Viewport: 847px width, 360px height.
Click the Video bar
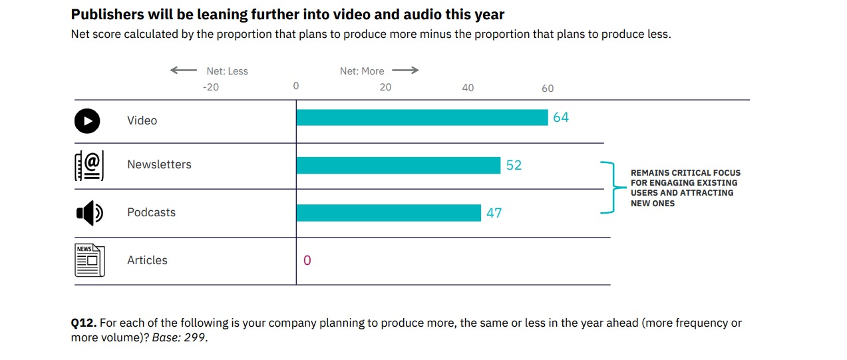pyautogui.click(x=422, y=118)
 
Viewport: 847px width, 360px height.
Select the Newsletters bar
pyautogui.click(x=398, y=166)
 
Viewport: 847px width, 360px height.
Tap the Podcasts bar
pyautogui.click(x=389, y=213)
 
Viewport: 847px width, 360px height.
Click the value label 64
pyautogui.click(x=561, y=118)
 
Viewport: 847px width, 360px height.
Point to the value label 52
pyautogui.click(x=514, y=166)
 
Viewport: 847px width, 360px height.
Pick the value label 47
pyautogui.click(x=494, y=214)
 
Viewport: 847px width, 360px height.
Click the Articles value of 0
pyautogui.click(x=307, y=260)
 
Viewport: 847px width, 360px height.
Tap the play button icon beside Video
pyautogui.click(x=87, y=120)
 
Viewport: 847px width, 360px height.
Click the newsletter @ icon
pyautogui.click(x=89, y=166)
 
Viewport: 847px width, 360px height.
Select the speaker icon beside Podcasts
pyautogui.click(x=89, y=213)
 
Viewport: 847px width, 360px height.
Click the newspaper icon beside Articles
pyautogui.click(x=89, y=260)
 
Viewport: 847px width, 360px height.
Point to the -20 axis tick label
pyautogui.click(x=210, y=87)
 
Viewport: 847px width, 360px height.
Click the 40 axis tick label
pyautogui.click(x=468, y=88)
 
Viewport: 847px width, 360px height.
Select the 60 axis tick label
pyautogui.click(x=548, y=89)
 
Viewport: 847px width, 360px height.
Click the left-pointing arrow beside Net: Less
pyautogui.click(x=183, y=71)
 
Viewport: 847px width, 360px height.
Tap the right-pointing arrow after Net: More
pyautogui.click(x=405, y=71)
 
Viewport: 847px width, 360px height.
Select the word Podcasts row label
pyautogui.click(x=152, y=213)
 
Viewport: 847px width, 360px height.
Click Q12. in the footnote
pyautogui.click(x=84, y=323)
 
